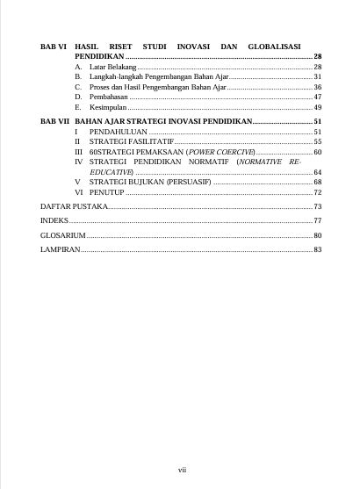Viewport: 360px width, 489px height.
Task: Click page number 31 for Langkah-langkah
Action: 318,77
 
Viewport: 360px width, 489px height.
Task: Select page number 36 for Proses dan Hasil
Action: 318,87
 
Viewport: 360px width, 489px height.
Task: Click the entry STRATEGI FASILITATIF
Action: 132,141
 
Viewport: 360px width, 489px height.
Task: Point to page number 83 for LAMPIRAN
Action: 318,250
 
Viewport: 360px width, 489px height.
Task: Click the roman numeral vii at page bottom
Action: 182,470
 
